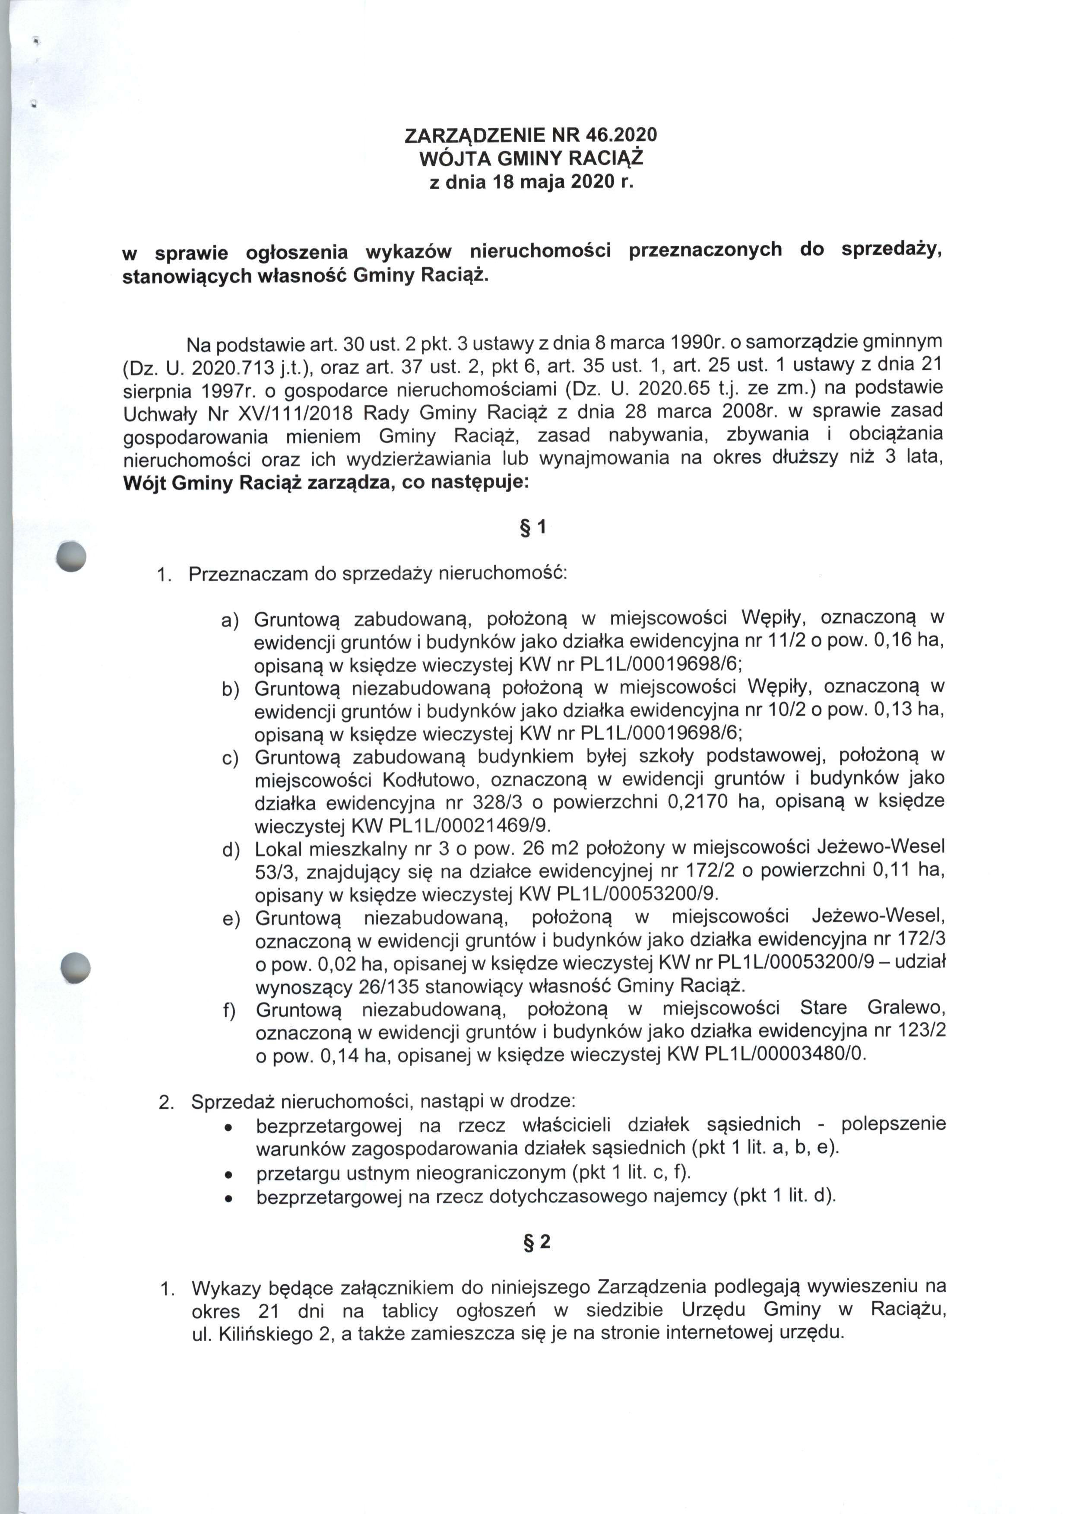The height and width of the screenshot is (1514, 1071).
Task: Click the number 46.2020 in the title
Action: coord(620,135)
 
